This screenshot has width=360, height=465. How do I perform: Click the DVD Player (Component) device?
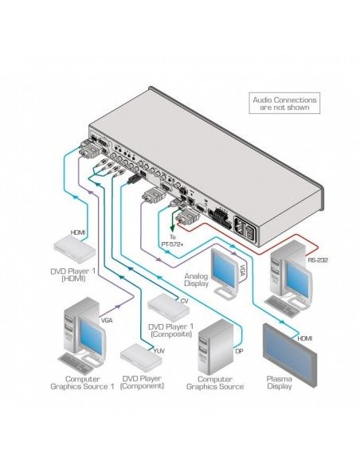pos(142,356)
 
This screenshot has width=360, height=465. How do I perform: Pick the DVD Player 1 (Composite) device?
pos(167,307)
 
